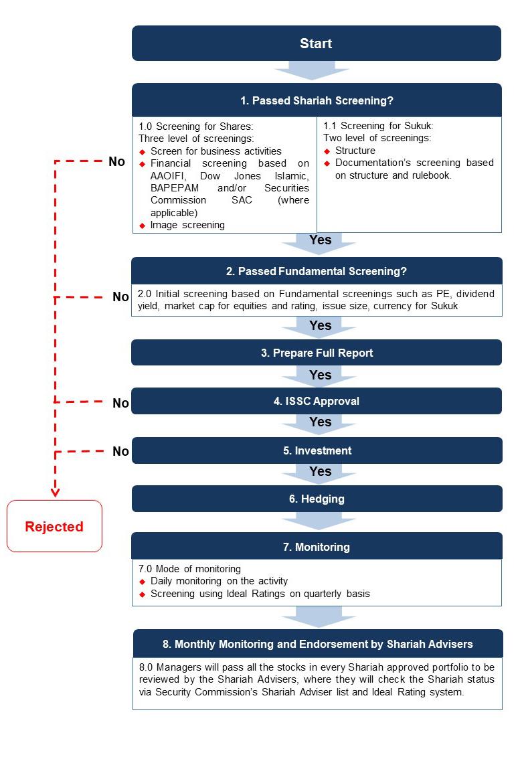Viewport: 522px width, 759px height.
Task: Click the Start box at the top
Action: [x=316, y=44]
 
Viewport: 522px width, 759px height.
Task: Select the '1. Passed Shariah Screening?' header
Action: [x=317, y=100]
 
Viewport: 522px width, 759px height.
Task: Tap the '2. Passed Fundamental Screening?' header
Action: [x=317, y=271]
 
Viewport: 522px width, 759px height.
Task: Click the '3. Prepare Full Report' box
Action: [x=317, y=353]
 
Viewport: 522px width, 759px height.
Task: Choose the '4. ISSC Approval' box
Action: [x=317, y=401]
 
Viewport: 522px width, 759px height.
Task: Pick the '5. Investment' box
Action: [x=317, y=450]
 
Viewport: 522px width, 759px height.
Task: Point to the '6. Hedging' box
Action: [x=317, y=499]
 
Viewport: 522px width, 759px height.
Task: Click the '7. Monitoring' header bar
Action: [x=317, y=546]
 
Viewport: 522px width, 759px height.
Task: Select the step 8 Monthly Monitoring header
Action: [x=317, y=644]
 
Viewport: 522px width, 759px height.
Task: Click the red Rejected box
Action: [x=54, y=527]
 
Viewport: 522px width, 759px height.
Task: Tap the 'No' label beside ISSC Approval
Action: [x=120, y=403]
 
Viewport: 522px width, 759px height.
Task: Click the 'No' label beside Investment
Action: [x=120, y=452]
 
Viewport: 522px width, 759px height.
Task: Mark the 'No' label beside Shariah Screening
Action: [x=116, y=162]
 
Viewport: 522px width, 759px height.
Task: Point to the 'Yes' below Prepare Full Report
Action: [x=321, y=375]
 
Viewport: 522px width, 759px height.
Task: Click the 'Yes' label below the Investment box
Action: [x=321, y=471]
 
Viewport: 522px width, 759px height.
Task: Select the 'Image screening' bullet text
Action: [x=187, y=225]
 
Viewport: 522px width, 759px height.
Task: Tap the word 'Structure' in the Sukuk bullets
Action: [x=355, y=151]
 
